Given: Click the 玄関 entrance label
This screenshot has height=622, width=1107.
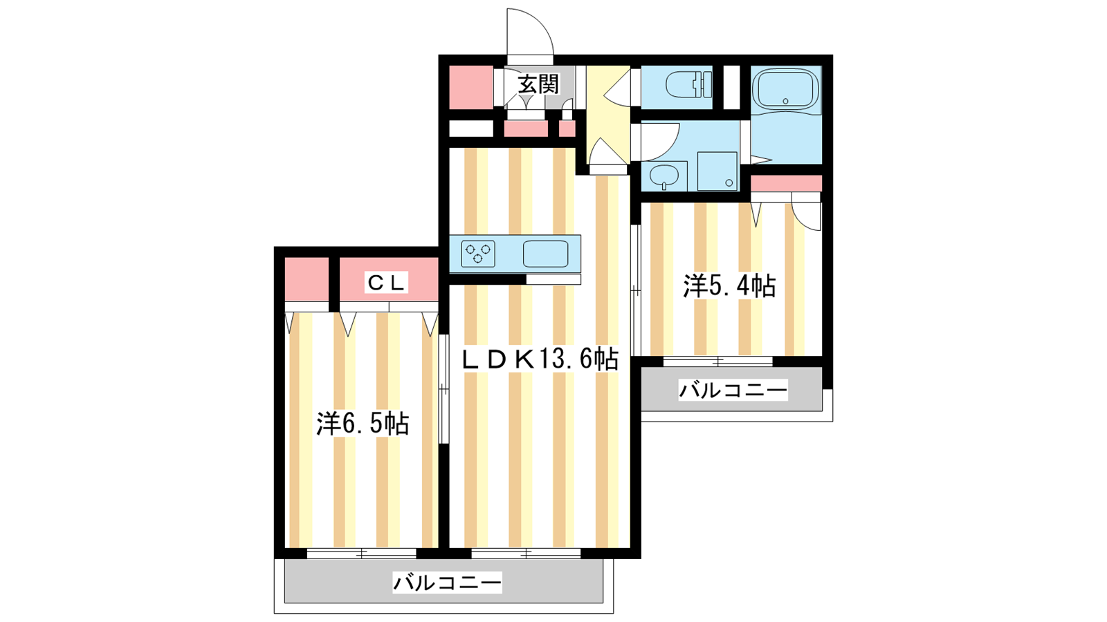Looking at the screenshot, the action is pos(538,84).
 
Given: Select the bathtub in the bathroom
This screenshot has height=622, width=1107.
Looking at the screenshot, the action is pos(785,88).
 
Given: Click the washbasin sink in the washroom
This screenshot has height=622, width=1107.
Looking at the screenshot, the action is pos(664,176).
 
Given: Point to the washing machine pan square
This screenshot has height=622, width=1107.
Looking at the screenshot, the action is pos(717,171).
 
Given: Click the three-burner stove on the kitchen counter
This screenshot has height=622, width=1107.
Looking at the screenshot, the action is pos(478,254).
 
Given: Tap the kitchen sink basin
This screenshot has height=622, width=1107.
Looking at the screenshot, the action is pos(546,254).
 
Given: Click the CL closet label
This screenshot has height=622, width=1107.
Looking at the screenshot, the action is pos(387,283).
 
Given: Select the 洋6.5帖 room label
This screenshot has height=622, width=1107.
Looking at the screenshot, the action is pos(363,423).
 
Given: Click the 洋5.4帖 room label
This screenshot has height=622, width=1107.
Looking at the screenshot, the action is pos(729,286).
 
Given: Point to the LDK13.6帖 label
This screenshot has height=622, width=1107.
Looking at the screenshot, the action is pos(539,359).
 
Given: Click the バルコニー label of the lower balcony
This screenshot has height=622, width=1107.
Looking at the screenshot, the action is pos(447,583).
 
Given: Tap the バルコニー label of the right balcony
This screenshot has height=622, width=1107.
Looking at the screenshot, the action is pos(733,390).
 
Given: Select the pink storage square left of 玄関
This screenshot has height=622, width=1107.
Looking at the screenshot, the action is pos(471,87).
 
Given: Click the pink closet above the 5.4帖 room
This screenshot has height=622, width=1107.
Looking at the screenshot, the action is pos(786,183).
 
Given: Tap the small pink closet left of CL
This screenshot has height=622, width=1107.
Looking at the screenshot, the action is pos(307,279).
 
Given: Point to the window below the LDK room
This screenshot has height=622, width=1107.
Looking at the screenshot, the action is pos(526,554).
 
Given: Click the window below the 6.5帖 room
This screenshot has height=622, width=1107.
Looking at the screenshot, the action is pos(362,554).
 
